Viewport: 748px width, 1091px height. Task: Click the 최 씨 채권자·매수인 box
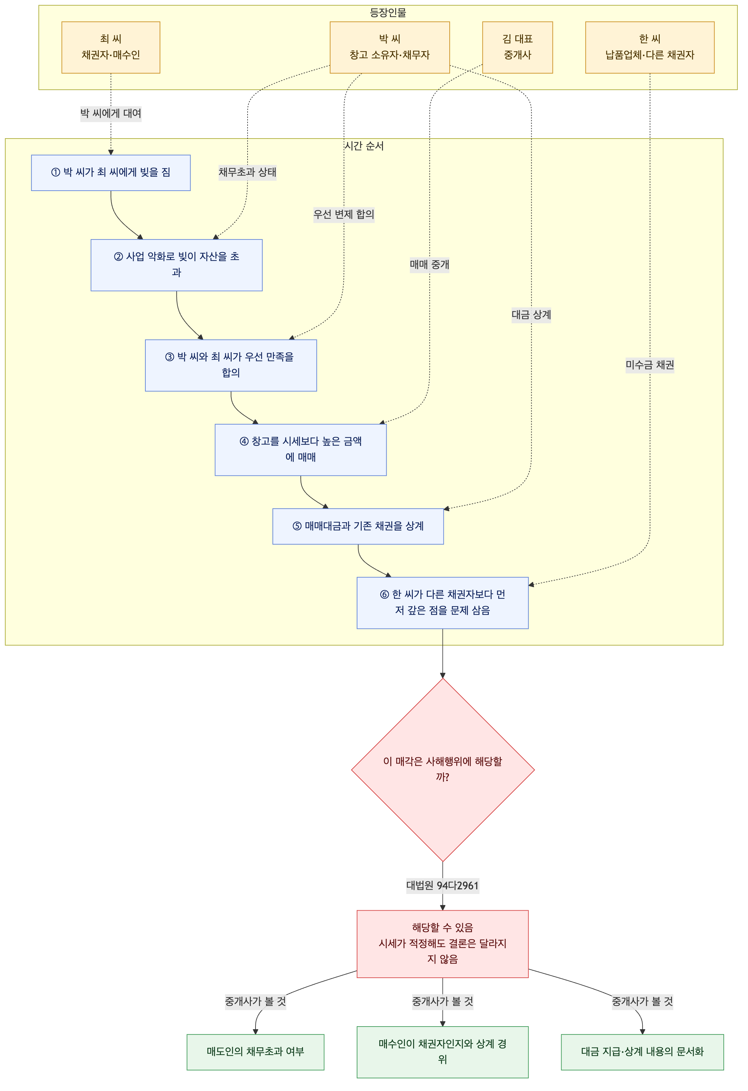[111, 48]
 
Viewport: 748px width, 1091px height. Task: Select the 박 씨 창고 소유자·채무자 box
[390, 48]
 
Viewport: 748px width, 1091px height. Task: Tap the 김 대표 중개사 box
[517, 48]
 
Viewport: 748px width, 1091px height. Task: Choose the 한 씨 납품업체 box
[649, 48]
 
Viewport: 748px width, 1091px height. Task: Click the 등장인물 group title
[388, 13]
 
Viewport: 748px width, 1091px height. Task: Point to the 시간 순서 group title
[364, 146]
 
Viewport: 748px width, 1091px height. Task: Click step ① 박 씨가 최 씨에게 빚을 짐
[111, 173]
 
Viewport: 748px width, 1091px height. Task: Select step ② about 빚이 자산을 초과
[176, 265]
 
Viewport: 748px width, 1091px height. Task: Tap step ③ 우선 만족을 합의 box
[231, 365]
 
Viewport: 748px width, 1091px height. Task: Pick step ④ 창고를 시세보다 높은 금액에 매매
[301, 450]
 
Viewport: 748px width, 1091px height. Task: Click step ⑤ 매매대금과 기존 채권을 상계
[358, 526]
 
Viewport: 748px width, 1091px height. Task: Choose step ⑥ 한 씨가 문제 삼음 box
[443, 603]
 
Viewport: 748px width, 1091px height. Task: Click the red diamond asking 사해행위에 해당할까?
[443, 770]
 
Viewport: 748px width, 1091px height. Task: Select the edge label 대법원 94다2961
[443, 885]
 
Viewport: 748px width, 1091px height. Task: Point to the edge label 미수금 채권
[649, 365]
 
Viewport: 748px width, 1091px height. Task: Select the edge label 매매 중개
[429, 265]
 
